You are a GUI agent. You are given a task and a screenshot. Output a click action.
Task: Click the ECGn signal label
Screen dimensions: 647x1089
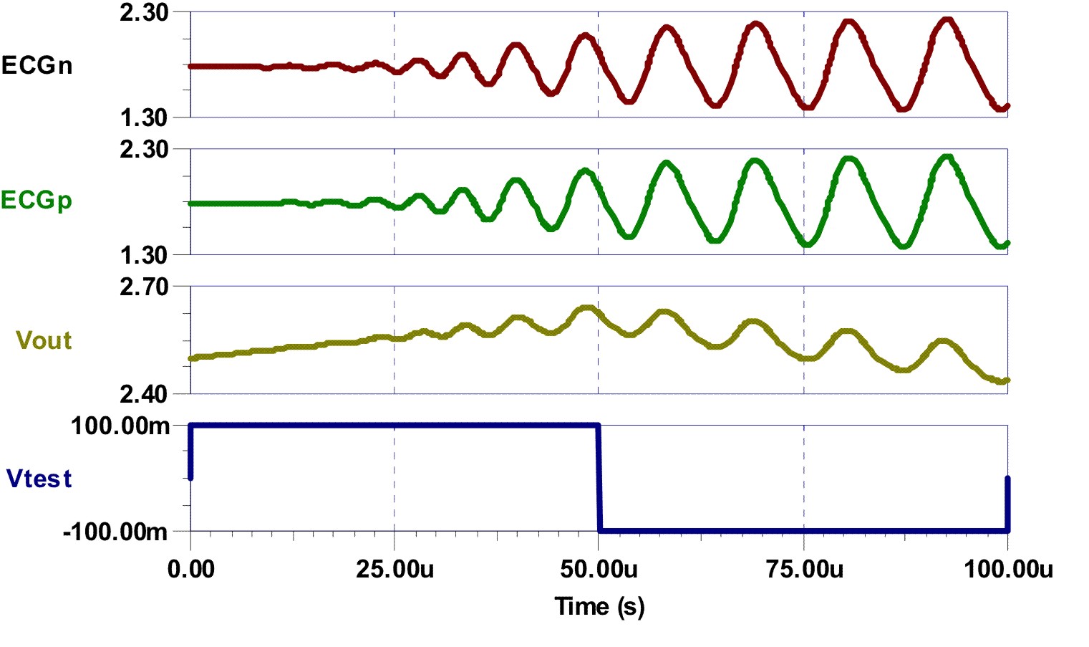pos(37,66)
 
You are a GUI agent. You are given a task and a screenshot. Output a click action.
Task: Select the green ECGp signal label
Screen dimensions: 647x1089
pos(37,200)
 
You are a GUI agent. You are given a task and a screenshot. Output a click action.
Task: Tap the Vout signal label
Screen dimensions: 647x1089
pos(44,340)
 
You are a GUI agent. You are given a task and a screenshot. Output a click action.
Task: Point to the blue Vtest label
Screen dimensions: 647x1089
pos(39,479)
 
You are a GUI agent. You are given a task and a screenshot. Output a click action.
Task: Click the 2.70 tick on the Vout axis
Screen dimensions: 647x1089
pos(144,287)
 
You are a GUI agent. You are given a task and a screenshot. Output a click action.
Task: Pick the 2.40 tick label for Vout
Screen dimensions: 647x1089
pos(144,393)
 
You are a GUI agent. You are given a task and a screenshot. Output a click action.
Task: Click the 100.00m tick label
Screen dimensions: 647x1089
pos(120,426)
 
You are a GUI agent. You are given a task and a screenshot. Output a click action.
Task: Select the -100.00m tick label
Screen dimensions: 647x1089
pos(116,532)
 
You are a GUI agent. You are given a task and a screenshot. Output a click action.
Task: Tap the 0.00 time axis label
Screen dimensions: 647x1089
pos(190,570)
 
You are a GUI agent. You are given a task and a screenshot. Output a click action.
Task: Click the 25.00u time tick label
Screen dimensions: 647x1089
pos(395,570)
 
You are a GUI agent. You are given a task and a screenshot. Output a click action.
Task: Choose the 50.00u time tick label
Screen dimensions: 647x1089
pos(599,570)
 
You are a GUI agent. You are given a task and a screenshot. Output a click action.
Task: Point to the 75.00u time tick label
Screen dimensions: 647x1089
pos(804,570)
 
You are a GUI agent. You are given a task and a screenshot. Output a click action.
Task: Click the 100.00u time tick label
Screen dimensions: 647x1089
pos(1008,570)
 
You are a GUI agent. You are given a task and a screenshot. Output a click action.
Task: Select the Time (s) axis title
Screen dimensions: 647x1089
pos(599,607)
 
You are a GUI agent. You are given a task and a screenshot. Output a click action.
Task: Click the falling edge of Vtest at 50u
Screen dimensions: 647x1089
pos(599,479)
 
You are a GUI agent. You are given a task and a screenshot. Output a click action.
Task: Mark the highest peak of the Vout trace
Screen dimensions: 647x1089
pos(587,308)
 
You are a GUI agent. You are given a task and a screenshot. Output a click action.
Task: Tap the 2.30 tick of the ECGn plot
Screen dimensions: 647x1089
pos(144,12)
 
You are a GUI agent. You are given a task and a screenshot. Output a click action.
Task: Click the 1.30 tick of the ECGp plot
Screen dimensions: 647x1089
pos(144,255)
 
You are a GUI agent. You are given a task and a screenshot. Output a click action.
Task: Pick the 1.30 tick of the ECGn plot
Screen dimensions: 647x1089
pos(144,118)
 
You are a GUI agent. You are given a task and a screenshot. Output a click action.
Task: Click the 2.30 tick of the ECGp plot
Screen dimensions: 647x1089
pos(144,150)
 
